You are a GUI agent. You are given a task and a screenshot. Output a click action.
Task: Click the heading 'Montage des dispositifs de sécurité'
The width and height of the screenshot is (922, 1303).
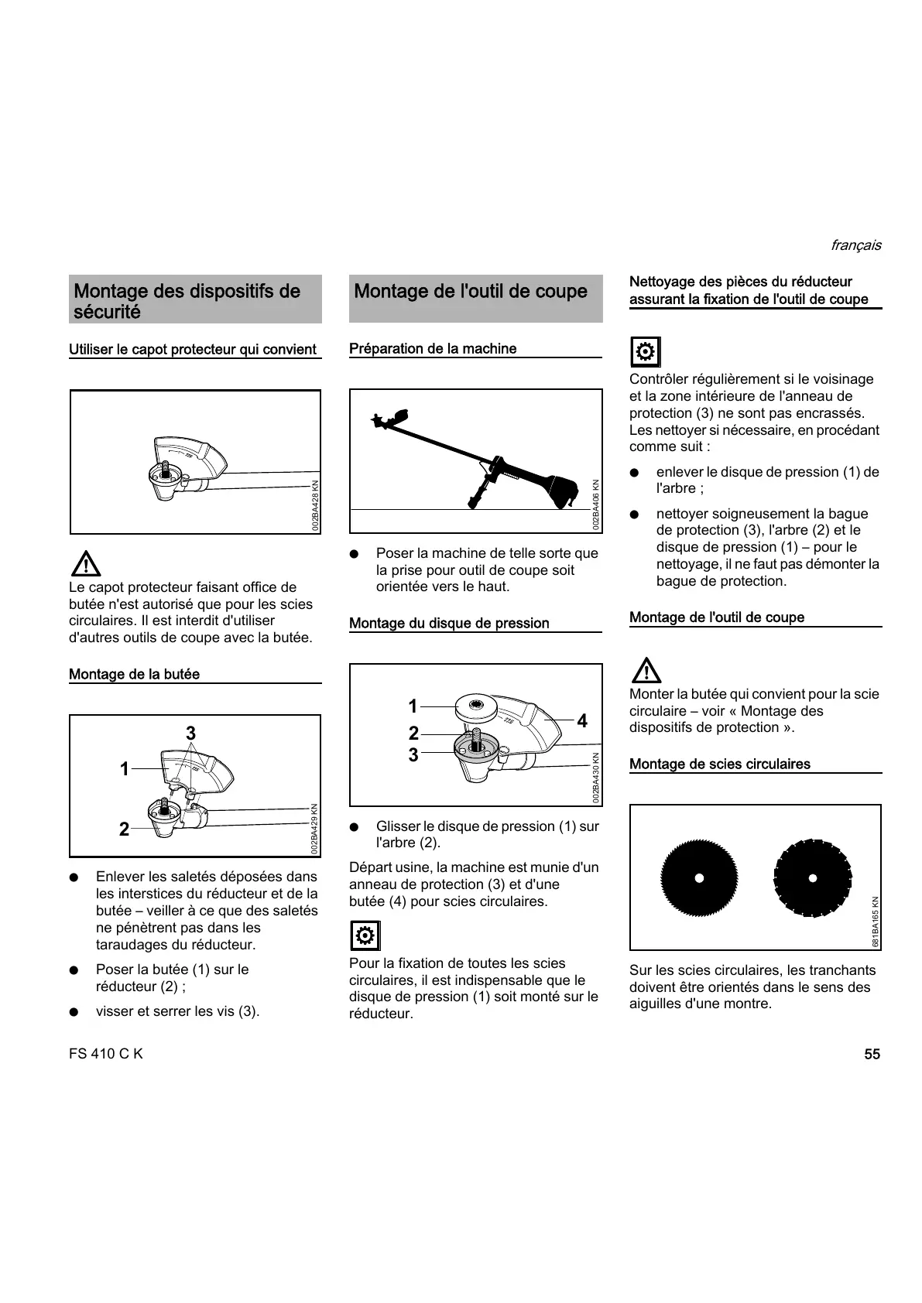pyautogui.click(x=187, y=301)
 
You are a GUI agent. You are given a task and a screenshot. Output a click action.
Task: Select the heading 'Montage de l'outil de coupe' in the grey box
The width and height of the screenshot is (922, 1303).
pyautogui.click(x=470, y=292)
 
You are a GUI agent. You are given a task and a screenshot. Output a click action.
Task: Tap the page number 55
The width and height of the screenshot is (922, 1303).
pyautogui.click(x=872, y=1054)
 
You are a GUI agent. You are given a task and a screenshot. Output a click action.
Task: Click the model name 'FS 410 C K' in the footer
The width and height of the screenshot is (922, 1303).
pyautogui.click(x=106, y=1054)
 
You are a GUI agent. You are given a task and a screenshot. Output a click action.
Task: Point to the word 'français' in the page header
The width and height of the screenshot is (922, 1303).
pyautogui.click(x=855, y=245)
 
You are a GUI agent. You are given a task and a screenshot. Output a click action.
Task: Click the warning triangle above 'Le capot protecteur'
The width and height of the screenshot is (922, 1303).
pyautogui.click(x=85, y=563)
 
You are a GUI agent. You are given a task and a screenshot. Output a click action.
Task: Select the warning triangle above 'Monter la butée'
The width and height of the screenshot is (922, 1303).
pyautogui.click(x=646, y=670)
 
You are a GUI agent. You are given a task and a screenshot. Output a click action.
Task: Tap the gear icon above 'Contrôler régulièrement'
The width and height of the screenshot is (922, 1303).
pyautogui.click(x=645, y=353)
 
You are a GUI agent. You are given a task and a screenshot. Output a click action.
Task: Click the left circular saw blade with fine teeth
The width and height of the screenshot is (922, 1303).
pyautogui.click(x=698, y=877)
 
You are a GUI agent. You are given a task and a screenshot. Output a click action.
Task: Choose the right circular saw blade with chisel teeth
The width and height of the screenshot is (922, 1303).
pyautogui.click(x=812, y=877)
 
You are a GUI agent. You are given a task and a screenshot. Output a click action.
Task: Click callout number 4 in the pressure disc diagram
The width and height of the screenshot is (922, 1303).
pyautogui.click(x=582, y=721)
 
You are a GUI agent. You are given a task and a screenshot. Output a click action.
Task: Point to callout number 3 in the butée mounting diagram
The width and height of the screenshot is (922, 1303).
pyautogui.click(x=190, y=733)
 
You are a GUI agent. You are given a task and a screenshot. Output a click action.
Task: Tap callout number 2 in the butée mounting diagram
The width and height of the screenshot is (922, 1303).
pyautogui.click(x=124, y=829)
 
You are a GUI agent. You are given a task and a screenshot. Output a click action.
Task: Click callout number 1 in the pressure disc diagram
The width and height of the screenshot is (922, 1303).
pyautogui.click(x=413, y=706)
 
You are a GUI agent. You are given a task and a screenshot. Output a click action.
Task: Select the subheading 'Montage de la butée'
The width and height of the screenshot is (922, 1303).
pyautogui.click(x=134, y=674)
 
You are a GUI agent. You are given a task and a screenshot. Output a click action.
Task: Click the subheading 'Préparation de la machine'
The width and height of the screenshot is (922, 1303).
pyautogui.click(x=433, y=349)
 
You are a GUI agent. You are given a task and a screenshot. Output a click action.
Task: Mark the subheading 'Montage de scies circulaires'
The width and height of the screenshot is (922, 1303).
pyautogui.click(x=719, y=764)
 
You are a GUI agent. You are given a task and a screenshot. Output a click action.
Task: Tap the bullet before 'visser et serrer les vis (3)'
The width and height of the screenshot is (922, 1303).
pyautogui.click(x=74, y=1012)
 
